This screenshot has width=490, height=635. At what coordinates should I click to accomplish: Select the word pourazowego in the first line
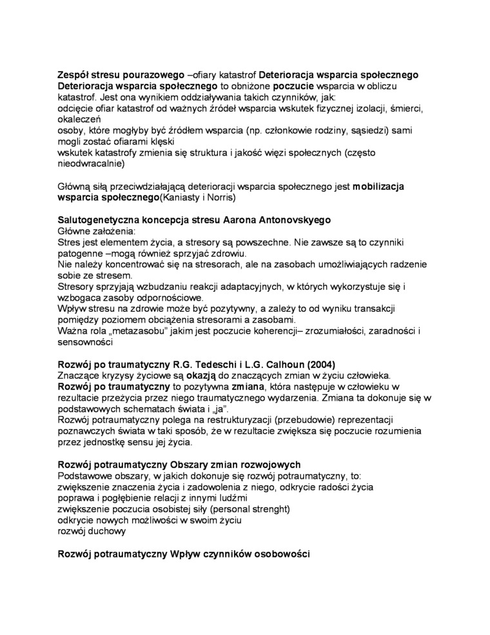148,74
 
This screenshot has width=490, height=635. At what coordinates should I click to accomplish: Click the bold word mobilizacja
379,186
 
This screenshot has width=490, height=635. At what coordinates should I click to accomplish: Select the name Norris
220,197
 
